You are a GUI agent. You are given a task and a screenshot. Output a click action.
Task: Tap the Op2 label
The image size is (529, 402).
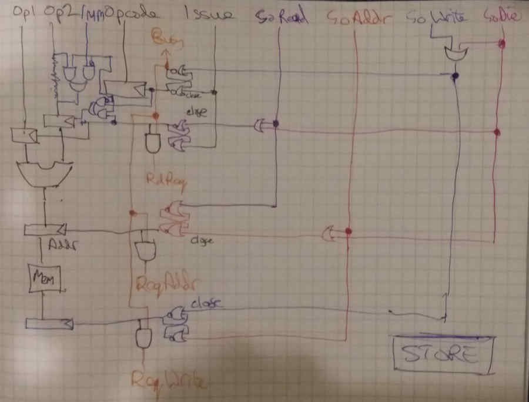(x=56, y=12)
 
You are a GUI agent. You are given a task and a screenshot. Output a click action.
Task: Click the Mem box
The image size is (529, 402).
(x=45, y=280)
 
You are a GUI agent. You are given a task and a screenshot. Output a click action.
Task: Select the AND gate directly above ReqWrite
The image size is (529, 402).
(x=143, y=337)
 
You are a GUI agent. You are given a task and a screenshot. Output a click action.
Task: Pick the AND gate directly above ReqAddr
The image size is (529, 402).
(x=144, y=251)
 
